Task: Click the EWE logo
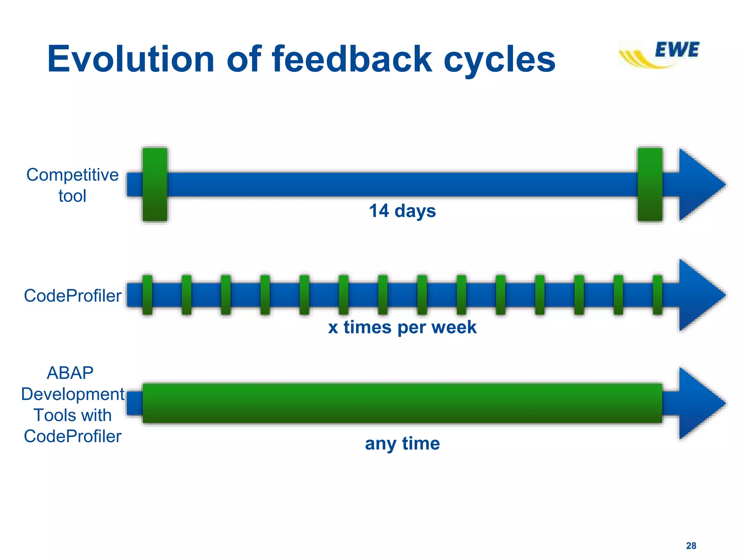tap(659, 54)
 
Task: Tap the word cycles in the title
tap(500, 60)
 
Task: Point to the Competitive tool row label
tap(72, 185)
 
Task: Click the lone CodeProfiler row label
tap(72, 296)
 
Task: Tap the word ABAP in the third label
tap(70, 373)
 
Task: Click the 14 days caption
tap(402, 211)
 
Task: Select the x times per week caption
tap(402, 327)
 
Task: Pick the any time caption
tap(402, 444)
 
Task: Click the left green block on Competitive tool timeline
tap(155, 185)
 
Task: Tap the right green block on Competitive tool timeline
tap(650, 185)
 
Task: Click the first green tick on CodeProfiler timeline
tap(147, 295)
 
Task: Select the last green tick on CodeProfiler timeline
tap(657, 295)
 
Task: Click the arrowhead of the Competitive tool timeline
tap(699, 185)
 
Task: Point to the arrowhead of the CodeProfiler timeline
tap(699, 295)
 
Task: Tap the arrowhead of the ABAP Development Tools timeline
tap(699, 403)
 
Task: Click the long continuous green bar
tap(402, 403)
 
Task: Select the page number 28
tap(691, 546)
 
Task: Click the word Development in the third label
tap(73, 394)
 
